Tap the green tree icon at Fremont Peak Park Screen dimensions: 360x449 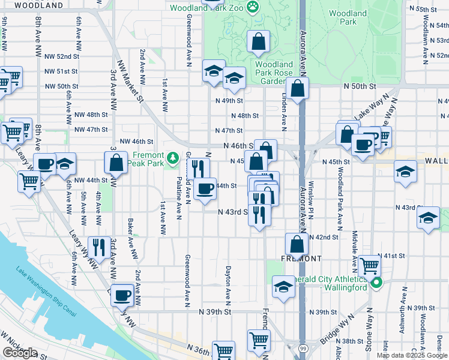click(x=173, y=157)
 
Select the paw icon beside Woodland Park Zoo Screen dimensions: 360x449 click(x=255, y=8)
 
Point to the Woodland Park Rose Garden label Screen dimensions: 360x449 click(x=273, y=73)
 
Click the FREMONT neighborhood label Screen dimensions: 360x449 click(x=302, y=258)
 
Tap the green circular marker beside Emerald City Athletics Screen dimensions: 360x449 click(x=376, y=283)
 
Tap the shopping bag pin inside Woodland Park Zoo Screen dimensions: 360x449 click(x=258, y=43)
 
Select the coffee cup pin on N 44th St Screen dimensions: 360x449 click(x=205, y=189)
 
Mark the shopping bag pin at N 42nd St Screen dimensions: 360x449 click(x=297, y=244)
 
